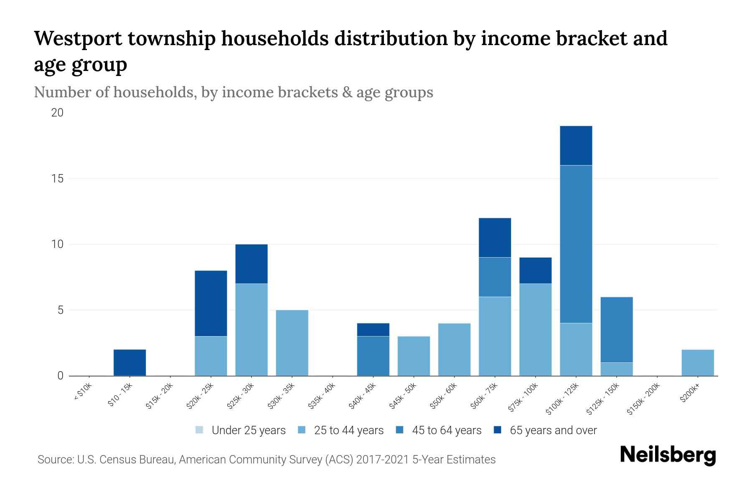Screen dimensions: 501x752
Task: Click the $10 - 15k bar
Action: tap(130, 362)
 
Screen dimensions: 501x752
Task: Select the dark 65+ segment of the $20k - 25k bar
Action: tap(211, 304)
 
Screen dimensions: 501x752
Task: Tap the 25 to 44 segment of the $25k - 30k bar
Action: tap(251, 330)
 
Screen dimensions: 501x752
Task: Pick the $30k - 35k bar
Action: tap(292, 343)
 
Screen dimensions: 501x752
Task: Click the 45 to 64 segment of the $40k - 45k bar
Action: tap(373, 356)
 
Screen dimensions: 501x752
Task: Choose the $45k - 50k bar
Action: tap(414, 356)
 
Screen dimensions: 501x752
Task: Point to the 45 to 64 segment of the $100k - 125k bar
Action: tap(576, 244)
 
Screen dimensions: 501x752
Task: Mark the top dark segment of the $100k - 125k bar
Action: tap(576, 146)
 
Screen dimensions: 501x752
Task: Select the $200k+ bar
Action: tap(697, 362)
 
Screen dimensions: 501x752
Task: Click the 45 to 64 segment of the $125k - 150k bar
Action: tap(616, 330)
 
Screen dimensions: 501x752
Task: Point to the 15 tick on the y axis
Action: tap(57, 179)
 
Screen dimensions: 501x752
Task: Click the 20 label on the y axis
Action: tap(57, 113)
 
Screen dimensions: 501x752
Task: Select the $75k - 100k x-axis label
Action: tap(523, 398)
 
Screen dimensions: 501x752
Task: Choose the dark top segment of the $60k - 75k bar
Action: tap(495, 238)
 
